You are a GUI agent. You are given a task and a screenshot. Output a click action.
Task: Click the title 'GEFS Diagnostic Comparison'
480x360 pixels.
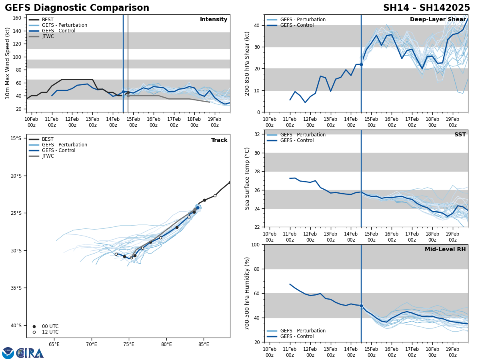(x=77, y=8)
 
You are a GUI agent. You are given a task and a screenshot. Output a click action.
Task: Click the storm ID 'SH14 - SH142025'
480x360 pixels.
(x=426, y=8)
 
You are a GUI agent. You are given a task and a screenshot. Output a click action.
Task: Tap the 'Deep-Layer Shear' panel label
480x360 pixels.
(x=438, y=20)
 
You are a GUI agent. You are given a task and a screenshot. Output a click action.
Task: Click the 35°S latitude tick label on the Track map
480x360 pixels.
(x=16, y=288)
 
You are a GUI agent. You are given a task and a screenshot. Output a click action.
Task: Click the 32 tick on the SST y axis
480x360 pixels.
(x=257, y=134)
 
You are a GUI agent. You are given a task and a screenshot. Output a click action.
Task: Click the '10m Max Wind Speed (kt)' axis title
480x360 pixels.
(x=8, y=63)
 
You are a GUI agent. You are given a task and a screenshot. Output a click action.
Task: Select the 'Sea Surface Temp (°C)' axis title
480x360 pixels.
(x=247, y=178)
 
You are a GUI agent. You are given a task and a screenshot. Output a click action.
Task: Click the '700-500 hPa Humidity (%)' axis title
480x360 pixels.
(x=247, y=293)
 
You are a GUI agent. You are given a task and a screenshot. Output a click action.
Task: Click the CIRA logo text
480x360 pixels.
(x=30, y=353)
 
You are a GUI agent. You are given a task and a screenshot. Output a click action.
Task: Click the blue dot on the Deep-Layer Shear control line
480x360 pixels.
(x=361, y=64)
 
